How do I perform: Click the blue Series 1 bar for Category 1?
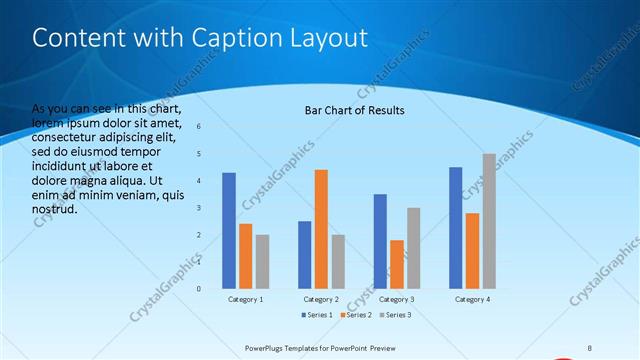(229, 230)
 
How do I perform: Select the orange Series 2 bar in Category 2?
(321, 229)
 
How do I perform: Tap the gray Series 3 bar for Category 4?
(489, 221)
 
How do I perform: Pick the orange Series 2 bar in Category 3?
(397, 264)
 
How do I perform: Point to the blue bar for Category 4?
(456, 227)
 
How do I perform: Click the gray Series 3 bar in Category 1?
(262, 261)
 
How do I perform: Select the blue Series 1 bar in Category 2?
(305, 254)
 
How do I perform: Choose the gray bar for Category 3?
(413, 248)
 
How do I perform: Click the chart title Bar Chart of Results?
(355, 110)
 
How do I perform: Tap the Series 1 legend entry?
(318, 315)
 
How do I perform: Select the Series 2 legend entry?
(357, 315)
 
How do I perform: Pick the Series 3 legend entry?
(394, 315)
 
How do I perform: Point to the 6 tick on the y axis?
(199, 126)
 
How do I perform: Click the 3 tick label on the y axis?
(199, 207)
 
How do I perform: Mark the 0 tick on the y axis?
(199, 289)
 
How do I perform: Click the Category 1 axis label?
(246, 299)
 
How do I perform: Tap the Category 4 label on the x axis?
(472, 299)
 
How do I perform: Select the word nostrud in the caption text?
(54, 211)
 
